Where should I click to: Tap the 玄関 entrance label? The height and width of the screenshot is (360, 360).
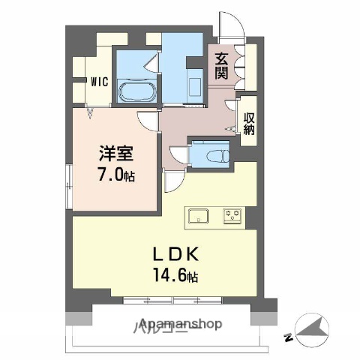click(x=221, y=65)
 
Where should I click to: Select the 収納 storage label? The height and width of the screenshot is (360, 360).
click(x=248, y=123)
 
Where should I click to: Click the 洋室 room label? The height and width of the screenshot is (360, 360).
click(x=117, y=155)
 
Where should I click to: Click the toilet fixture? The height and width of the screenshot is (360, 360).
click(x=213, y=155)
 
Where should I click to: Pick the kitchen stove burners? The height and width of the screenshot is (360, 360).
click(x=232, y=215)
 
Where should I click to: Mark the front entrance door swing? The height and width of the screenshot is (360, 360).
click(x=228, y=25)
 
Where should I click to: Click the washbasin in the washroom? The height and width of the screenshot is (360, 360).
click(x=196, y=84)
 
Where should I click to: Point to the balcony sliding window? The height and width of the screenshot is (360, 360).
click(x=174, y=300)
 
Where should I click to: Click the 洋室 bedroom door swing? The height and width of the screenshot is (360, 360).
click(x=148, y=119)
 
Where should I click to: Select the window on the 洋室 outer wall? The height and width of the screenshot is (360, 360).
click(x=68, y=179)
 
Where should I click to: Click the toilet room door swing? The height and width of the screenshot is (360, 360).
click(x=178, y=153)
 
